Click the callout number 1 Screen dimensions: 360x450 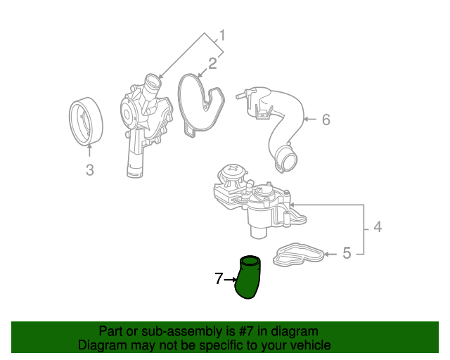pos(221,35)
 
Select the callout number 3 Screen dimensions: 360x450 pos(89,169)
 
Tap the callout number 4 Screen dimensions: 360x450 pos(378,227)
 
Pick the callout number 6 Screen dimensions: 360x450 pos(326,120)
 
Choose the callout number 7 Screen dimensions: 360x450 pos(219,279)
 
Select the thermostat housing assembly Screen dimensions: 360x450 pos(257,200)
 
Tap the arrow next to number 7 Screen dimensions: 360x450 pos(229,280)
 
